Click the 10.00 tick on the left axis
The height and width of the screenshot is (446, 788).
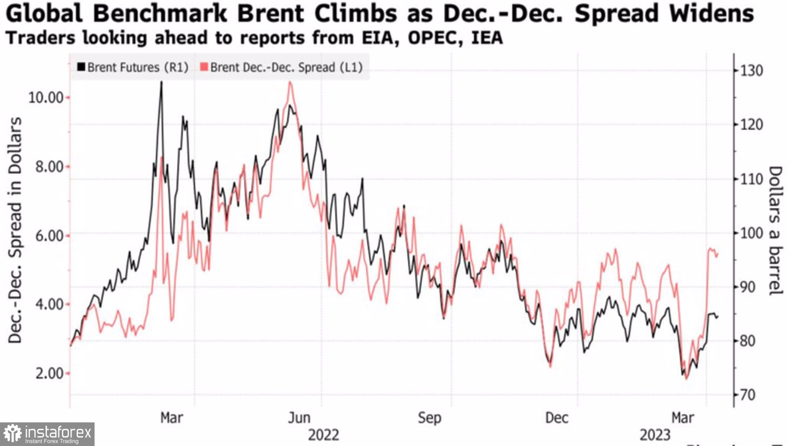pos(46,98)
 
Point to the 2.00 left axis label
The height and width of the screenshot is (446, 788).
pos(49,374)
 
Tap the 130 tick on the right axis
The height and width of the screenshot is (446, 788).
pos(751,71)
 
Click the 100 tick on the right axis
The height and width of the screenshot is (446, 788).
pos(751,233)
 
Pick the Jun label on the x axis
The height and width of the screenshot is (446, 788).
pos(299,418)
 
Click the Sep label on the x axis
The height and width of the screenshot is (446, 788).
pos(429,418)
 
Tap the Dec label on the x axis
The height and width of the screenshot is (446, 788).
pos(556,418)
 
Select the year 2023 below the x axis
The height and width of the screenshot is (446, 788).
pos(655,435)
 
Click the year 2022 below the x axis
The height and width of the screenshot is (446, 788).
pos(323,435)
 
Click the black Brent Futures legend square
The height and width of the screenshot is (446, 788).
pos(81,67)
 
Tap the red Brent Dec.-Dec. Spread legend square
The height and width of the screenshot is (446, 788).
pos(204,67)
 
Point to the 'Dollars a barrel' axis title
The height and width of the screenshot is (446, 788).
pos(775,231)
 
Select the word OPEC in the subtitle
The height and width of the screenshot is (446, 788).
pos(436,38)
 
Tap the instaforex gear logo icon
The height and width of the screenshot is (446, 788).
pos(12,434)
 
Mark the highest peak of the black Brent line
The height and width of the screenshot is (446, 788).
pos(161,82)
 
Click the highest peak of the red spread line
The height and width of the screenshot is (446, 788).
pos(290,82)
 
